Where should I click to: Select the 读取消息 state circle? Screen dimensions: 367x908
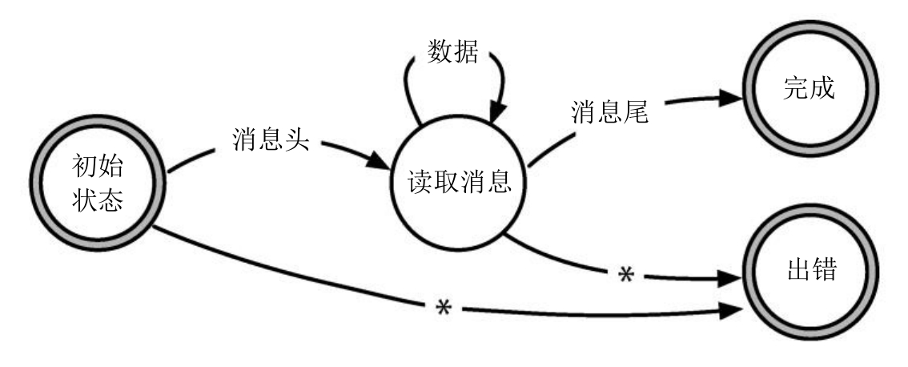454,183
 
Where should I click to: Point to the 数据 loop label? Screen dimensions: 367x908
454,54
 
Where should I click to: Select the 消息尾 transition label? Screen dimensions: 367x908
609,112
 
